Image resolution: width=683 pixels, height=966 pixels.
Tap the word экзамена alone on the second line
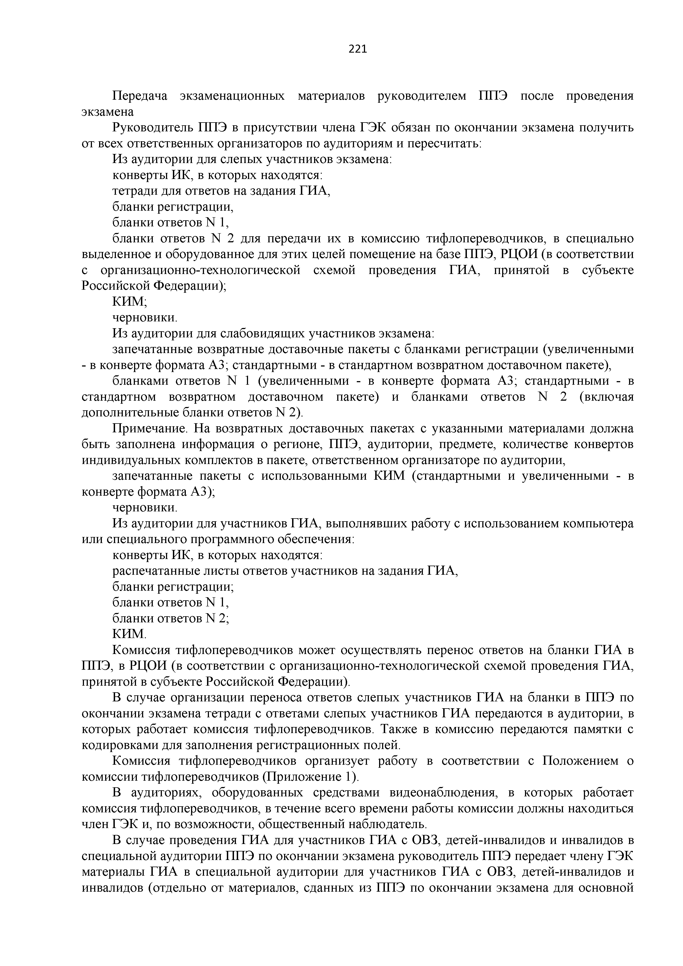click(x=108, y=112)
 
